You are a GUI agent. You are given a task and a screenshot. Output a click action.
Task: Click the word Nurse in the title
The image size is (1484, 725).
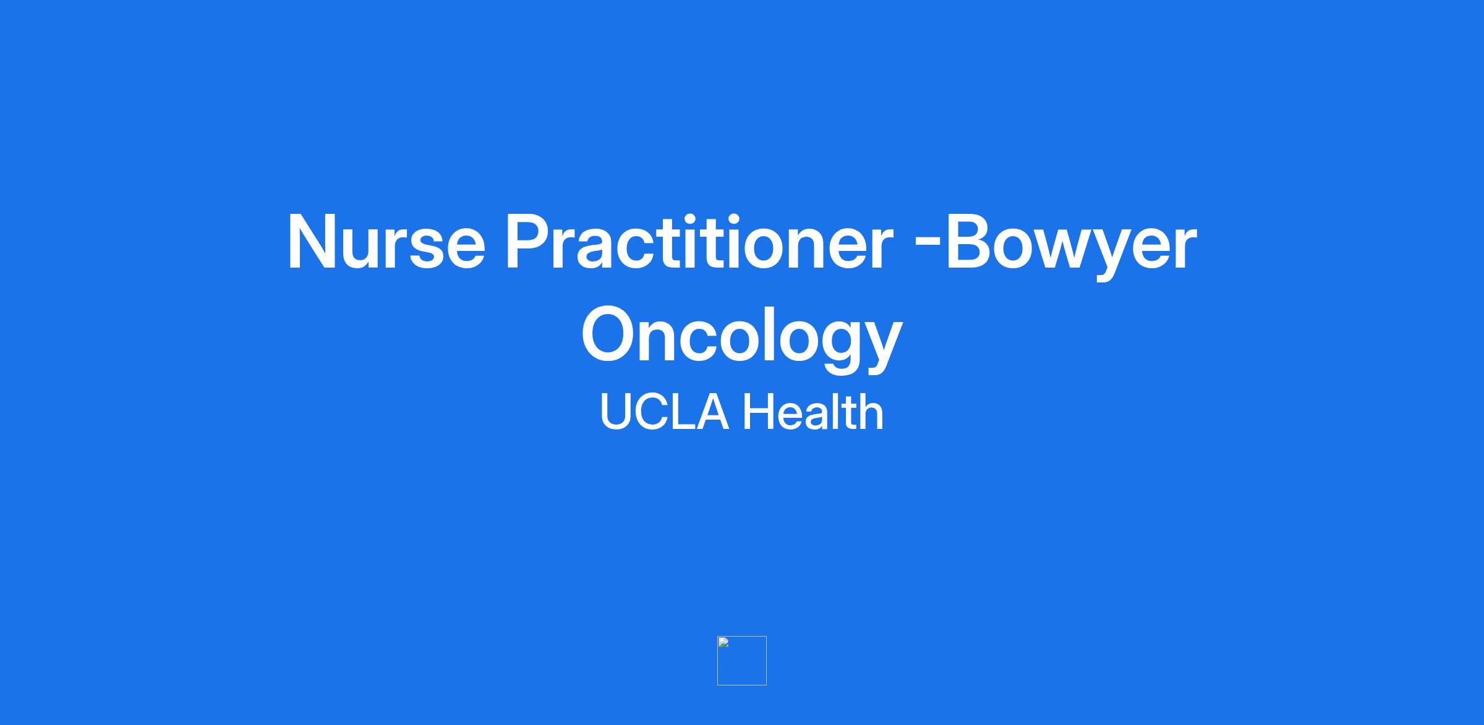[386, 242]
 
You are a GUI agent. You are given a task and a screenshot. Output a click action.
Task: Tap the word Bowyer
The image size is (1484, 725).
[1071, 246]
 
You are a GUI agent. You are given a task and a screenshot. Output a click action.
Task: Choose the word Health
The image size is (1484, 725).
[813, 412]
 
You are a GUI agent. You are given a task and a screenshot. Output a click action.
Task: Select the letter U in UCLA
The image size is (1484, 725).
[615, 412]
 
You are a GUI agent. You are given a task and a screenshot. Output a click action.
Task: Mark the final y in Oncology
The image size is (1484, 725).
[881, 347]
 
